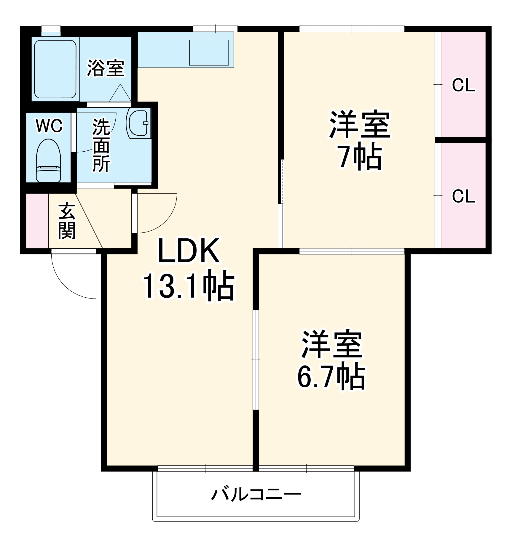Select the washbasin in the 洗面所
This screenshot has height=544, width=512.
(138, 123)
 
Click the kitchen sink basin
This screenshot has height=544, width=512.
(209, 52)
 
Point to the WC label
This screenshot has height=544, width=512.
(49, 126)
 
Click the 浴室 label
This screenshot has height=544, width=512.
(106, 68)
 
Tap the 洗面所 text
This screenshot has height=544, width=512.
(101, 145)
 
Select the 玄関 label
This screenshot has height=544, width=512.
(67, 221)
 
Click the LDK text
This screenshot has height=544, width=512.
(189, 251)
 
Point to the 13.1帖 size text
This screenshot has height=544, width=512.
(189, 285)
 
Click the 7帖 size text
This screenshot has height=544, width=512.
(360, 156)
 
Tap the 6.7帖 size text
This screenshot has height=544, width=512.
(331, 376)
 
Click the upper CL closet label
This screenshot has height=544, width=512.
(463, 85)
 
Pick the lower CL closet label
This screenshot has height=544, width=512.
(463, 196)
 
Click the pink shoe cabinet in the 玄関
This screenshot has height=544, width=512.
(37, 221)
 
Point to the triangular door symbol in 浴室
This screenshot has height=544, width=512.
(120, 94)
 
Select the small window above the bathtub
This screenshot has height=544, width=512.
(51, 29)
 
